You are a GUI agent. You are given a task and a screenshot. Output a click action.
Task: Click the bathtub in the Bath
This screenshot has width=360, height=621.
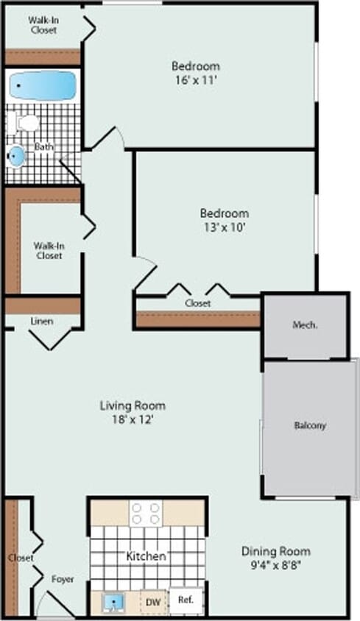click(43, 85)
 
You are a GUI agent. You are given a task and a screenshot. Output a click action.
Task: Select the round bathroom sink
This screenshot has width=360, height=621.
click(17, 155)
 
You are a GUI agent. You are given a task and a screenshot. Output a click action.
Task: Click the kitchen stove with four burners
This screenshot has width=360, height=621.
click(146, 512)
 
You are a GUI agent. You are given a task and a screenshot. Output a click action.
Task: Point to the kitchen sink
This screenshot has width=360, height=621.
click(113, 602)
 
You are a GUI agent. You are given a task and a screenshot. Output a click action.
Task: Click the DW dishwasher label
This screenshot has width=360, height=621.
click(153, 602)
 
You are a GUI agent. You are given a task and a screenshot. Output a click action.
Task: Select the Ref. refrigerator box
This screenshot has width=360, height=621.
click(185, 600)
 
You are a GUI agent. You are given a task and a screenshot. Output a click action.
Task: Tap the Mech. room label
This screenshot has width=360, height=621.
click(305, 324)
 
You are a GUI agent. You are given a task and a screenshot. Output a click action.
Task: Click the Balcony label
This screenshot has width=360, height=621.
click(310, 425)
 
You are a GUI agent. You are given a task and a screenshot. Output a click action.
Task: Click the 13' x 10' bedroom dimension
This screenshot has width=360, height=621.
click(224, 227)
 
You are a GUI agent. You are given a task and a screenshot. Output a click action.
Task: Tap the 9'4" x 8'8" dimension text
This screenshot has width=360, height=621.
click(276, 565)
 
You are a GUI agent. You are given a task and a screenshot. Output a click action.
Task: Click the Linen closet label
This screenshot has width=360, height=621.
click(41, 322)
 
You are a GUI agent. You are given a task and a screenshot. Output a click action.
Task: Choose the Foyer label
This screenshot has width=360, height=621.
click(63, 579)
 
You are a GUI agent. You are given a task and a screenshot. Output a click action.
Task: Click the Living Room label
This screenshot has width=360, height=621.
click(133, 405)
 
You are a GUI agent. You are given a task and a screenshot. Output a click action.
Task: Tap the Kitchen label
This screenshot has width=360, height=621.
click(146, 556)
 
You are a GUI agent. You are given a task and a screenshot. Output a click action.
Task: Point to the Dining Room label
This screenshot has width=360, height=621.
click(276, 551)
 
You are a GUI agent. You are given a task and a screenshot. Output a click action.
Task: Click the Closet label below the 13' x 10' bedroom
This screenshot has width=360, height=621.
click(197, 303)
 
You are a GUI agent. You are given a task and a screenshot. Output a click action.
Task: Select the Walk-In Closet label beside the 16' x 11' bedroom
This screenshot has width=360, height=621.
click(43, 25)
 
